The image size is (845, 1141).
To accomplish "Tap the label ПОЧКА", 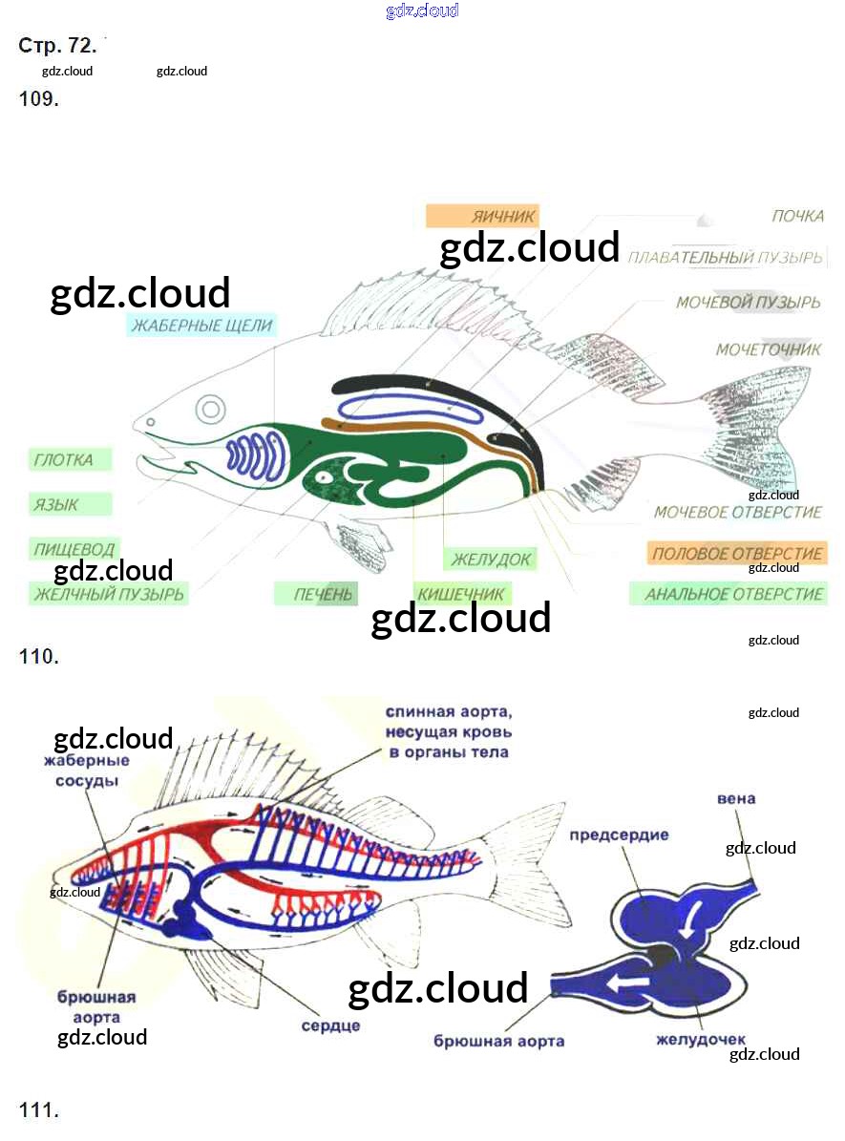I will click(797, 216).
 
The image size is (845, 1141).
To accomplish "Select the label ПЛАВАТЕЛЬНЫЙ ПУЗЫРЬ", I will click(725, 258).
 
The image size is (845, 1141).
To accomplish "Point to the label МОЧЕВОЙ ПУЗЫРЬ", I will click(748, 303).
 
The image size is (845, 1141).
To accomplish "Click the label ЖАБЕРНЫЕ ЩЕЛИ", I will click(202, 326).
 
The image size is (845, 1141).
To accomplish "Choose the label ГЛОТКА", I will click(64, 459).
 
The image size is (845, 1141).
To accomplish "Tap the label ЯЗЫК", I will click(56, 504).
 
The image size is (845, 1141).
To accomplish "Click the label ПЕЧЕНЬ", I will click(323, 595).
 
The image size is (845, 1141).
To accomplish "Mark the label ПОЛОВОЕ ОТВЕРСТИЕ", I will click(736, 554).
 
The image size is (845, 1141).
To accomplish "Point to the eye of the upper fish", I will click(210, 411).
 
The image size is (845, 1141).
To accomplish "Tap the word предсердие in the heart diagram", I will click(619, 835).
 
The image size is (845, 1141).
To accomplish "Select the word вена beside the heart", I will click(735, 798).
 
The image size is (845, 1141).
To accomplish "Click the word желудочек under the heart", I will click(701, 1040).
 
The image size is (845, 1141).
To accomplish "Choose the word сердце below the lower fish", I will click(330, 1026).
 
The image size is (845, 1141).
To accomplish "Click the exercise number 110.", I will click(38, 657).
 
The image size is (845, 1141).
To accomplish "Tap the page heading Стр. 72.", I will click(57, 46).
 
